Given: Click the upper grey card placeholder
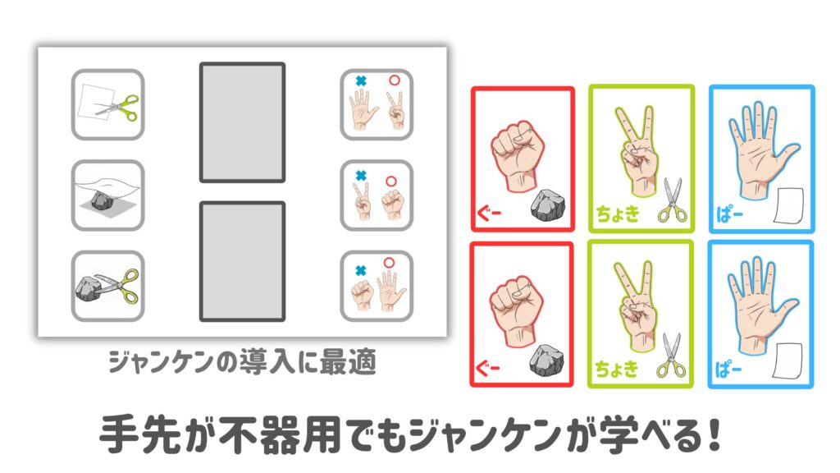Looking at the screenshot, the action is point(242,122).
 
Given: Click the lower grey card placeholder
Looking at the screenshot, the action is point(242,261).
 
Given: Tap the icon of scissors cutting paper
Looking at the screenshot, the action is point(107,104).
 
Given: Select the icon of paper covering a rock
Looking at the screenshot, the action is point(107,195).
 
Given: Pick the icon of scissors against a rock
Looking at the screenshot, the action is point(107,286).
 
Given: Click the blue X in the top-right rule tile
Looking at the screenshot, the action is point(361,81).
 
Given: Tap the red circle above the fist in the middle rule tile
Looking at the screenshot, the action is point(391,181).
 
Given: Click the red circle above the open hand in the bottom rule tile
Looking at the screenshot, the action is point(389,263).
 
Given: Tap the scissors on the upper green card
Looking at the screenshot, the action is point(673,200).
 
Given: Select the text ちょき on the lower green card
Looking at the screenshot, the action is point(617,370).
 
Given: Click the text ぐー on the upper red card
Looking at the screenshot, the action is point(489,214).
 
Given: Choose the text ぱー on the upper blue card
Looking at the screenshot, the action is point(729,215).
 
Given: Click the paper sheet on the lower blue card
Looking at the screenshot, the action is point(787,360).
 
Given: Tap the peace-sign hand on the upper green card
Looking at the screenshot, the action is point(637,151).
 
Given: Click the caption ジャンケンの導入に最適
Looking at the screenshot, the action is point(242,362).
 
